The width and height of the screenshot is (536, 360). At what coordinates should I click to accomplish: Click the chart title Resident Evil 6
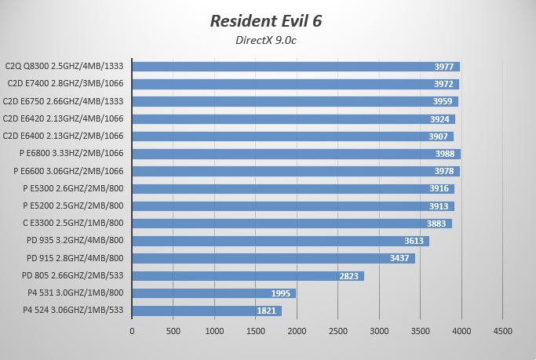pyautogui.click(x=266, y=20)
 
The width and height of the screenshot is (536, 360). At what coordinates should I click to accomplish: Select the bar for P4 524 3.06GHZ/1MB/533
pyautogui.click(x=206, y=311)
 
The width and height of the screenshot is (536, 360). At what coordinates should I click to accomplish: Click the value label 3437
pyautogui.click(x=399, y=258)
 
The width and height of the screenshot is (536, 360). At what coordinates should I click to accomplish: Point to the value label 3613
pyautogui.click(x=414, y=241)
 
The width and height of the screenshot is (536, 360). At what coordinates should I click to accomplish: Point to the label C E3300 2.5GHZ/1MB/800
pyautogui.click(x=73, y=224)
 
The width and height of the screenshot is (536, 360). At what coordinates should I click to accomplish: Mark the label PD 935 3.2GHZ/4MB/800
pyautogui.click(x=75, y=241)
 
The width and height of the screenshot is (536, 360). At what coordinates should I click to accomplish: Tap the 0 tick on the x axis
pyautogui.click(x=132, y=331)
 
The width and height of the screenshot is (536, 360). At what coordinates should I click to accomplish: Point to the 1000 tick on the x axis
pyautogui.click(x=213, y=331)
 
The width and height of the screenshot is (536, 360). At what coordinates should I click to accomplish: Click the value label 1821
pyautogui.click(x=266, y=311)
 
